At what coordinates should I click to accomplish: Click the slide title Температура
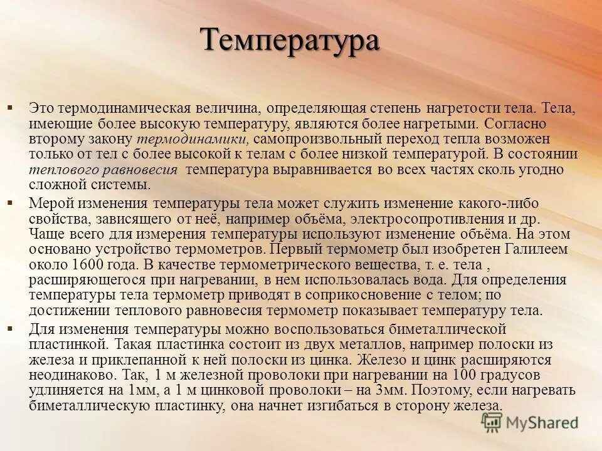[x=290, y=41]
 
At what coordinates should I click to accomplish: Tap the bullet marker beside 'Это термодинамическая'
[x=11, y=108]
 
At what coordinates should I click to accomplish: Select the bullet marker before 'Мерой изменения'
[x=11, y=203]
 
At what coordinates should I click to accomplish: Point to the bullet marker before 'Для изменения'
[x=11, y=328]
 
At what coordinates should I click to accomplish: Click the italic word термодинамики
[x=203, y=138]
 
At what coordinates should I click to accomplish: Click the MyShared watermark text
[x=542, y=423]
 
